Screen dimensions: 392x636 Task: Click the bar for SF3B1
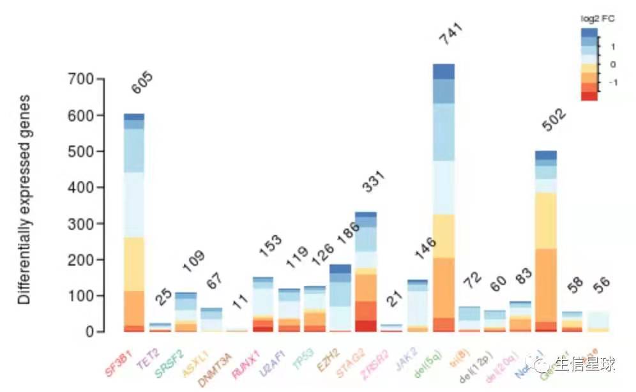[134, 223]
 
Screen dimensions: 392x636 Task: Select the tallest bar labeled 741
[443, 198]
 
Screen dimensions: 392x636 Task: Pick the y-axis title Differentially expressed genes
[24, 199]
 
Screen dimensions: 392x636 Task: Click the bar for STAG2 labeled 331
[366, 272]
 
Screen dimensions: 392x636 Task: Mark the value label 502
[554, 119]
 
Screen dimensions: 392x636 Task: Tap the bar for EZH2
[340, 298]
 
